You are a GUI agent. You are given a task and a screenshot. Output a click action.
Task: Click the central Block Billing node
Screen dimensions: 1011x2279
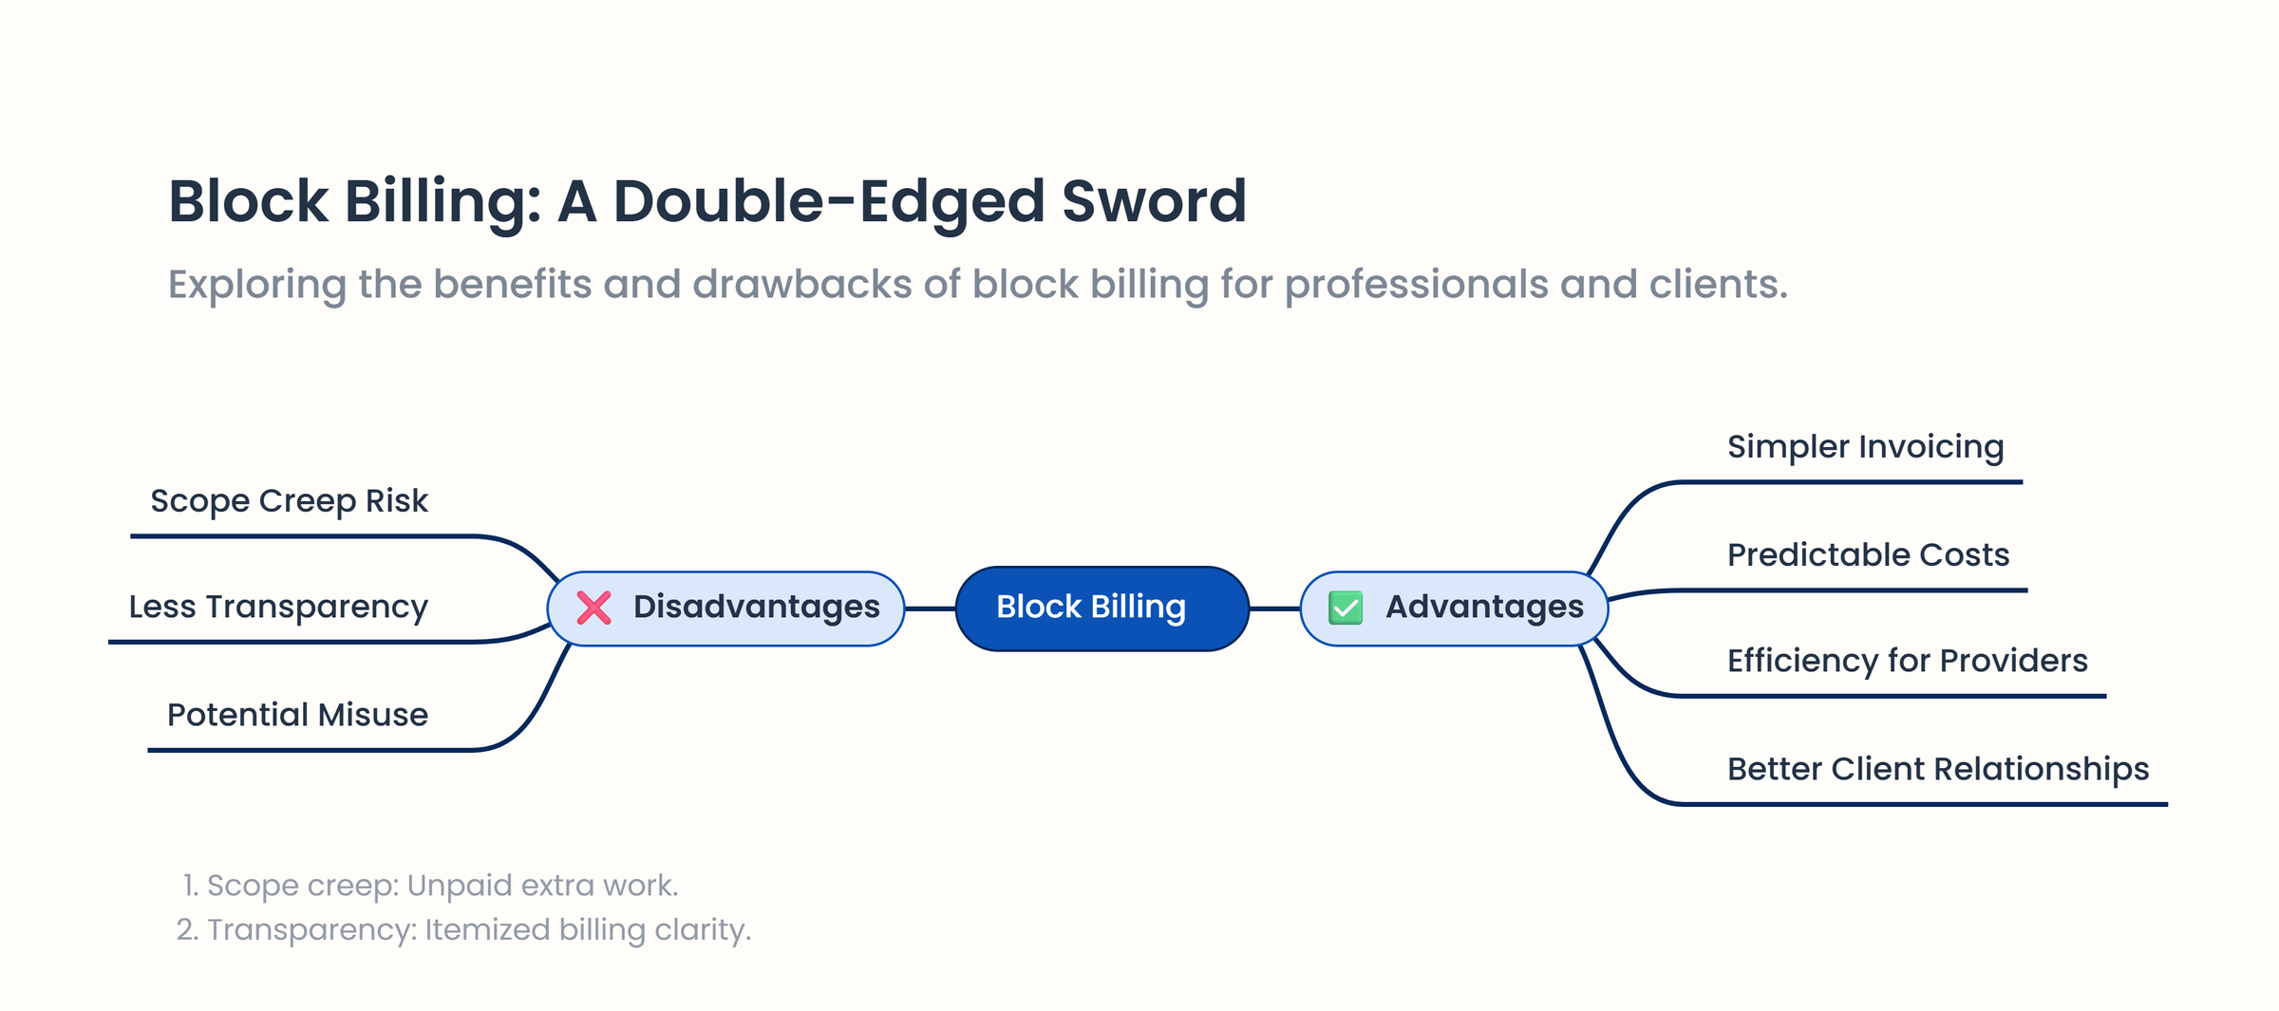[x=1102, y=608]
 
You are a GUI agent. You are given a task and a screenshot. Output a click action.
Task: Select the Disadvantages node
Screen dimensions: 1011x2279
[x=726, y=608]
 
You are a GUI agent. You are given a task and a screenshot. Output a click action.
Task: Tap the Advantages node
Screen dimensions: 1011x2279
[x=1454, y=608]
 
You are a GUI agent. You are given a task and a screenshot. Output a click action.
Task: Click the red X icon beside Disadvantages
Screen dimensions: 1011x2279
[x=594, y=608]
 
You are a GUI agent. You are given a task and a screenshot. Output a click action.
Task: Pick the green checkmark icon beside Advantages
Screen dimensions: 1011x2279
[x=1346, y=608]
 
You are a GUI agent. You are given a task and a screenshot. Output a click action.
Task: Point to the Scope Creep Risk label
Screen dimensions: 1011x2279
[x=289, y=500]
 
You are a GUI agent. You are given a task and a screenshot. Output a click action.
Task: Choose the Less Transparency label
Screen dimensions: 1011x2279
[x=278, y=607]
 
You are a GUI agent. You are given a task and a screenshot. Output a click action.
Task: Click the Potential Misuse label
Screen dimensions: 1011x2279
[x=297, y=715]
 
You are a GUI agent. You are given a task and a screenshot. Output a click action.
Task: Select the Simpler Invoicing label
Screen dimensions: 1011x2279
[x=1865, y=446]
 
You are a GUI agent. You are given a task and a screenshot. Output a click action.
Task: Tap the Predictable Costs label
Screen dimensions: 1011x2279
[x=1868, y=554]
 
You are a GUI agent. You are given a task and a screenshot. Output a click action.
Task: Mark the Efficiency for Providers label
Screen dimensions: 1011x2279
[x=1907, y=661]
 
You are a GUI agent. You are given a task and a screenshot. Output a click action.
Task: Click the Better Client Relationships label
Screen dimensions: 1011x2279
[x=1937, y=769]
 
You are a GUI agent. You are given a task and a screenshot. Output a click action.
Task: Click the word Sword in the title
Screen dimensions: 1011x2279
[x=1153, y=201]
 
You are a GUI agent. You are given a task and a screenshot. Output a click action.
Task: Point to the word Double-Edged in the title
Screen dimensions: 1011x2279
[x=829, y=201]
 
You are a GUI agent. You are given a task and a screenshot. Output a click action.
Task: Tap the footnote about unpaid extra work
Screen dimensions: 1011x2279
[x=430, y=886]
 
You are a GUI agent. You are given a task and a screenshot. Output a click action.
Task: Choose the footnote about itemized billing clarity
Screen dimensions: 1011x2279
[x=463, y=929]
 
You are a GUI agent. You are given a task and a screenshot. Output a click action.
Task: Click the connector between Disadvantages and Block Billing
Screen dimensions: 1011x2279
[x=930, y=608]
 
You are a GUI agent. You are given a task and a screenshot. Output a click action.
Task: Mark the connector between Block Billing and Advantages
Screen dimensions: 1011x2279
[x=1274, y=608]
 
